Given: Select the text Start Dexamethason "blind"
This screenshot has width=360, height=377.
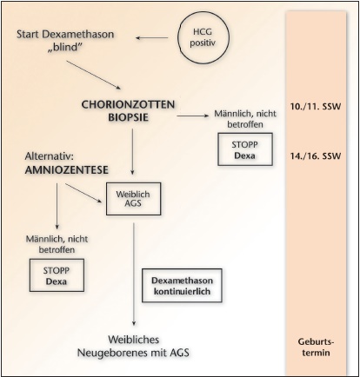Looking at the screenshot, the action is pos(65,40).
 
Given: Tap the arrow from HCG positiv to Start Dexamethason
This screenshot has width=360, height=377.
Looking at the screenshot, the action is pos(152,37).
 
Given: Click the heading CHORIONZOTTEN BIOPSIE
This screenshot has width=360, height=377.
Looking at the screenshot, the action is pos(128,111).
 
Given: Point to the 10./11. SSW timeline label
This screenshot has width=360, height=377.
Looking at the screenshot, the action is pos(316,107).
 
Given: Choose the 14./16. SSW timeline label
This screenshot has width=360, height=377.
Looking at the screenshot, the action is pos(316,156).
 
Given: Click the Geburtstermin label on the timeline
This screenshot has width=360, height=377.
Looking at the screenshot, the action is pos(316,347).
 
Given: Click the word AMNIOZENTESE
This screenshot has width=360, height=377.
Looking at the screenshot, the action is pos(67,170).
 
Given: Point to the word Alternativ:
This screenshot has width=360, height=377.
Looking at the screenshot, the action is pos(50,156).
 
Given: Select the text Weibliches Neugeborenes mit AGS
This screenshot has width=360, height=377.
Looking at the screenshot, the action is pos(133,346).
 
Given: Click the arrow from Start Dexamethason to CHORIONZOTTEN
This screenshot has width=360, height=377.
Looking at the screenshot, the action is pos(93,75).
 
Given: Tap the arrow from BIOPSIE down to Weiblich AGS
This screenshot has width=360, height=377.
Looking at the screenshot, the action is pos(132,152).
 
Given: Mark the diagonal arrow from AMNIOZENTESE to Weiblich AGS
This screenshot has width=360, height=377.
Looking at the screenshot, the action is pos(83,193).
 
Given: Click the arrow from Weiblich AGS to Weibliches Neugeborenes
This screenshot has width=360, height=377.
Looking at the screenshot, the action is pos(134,274).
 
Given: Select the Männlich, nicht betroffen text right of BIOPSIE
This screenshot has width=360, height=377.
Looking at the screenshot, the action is pos(245,119).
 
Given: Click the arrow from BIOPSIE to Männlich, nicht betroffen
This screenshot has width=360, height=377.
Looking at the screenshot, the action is pos(193,116).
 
